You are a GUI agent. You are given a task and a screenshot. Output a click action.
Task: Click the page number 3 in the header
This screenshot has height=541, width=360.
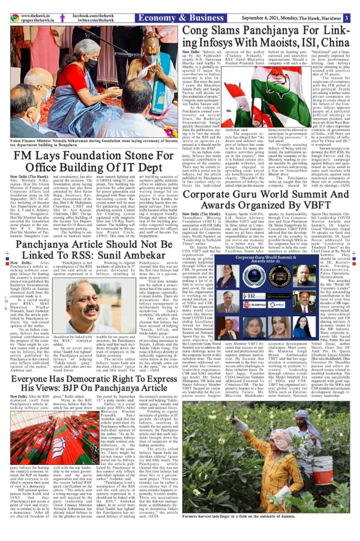click(x=346, y=18)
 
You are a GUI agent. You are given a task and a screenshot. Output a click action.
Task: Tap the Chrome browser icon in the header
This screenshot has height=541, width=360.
click(x=15, y=18)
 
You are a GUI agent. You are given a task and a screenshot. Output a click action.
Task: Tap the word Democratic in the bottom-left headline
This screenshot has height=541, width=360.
click(x=69, y=378)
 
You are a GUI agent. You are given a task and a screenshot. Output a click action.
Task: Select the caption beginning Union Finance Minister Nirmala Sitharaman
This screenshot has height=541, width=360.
click(x=94, y=143)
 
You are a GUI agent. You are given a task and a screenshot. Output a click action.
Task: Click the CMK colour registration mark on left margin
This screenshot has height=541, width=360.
click(x=5, y=302)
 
